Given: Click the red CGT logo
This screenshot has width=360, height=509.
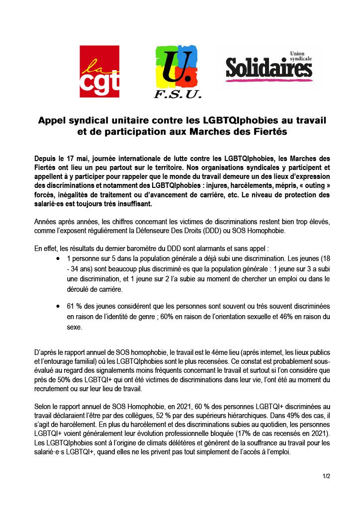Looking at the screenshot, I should pos(99,71).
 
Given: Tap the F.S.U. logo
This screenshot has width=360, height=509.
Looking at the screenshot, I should pos(178,72).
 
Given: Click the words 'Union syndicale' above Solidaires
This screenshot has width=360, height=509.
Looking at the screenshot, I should pos(300,56).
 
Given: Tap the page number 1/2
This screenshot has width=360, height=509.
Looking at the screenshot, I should pos(326,476).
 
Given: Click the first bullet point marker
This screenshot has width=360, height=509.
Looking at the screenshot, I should pos(59,259).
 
